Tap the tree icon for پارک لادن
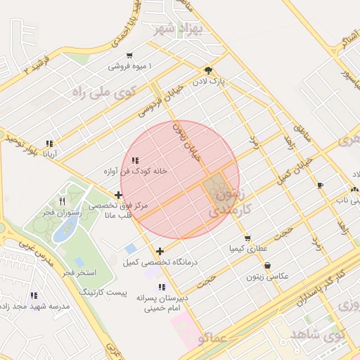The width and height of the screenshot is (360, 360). coord(208,70)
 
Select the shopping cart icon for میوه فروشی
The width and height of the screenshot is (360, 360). coord(129,56)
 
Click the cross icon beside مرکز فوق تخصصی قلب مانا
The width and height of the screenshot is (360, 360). coord(118,195)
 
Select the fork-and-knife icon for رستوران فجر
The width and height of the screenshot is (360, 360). coord(63,201)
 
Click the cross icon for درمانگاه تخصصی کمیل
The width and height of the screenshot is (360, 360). coord(160,251)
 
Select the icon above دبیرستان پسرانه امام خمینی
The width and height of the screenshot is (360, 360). coord(162,287)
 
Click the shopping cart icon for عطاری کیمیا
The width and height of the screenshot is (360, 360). coord(247,238)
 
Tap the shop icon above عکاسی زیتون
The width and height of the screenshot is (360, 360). coord(268,266)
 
